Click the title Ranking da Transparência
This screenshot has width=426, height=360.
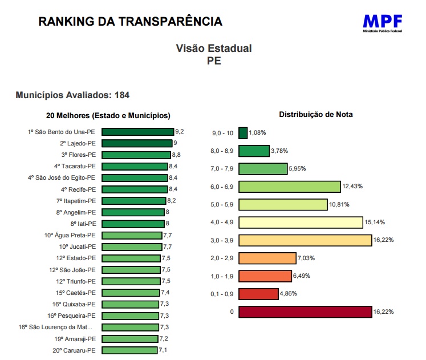130,22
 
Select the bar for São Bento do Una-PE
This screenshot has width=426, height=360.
139,132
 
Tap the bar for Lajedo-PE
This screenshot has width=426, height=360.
137,143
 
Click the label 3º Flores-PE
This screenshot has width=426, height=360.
79,155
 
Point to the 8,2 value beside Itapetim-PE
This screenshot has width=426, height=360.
172,201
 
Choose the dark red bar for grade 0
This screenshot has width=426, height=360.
305,312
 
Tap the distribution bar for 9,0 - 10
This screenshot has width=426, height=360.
243,133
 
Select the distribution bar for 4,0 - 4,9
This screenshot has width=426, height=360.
301,223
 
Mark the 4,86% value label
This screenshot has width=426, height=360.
289,294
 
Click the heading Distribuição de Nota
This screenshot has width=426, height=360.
316,115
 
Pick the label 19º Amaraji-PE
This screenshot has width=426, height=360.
74,339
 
